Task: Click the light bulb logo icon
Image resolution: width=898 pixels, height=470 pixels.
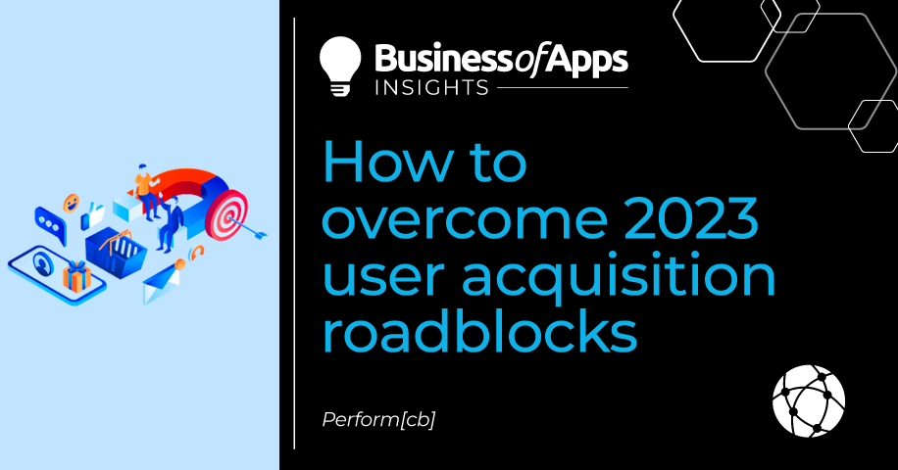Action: tap(340, 66)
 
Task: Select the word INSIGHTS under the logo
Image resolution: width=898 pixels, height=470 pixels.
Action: tap(431, 87)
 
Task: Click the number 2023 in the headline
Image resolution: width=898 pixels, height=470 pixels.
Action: tap(691, 218)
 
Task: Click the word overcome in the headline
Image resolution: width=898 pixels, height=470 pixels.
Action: tap(465, 219)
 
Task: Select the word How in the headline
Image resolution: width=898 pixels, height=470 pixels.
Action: tap(387, 162)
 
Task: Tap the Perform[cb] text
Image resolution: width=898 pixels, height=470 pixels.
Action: tap(378, 420)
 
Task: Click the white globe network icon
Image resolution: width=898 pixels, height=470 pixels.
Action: tap(808, 400)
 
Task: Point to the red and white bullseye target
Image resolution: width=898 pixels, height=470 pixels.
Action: tap(226, 215)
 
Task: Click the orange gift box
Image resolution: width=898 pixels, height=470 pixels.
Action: tap(76, 277)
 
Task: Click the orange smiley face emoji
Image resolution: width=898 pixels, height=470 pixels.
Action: tap(71, 203)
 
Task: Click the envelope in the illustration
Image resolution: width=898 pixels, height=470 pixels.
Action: tap(162, 284)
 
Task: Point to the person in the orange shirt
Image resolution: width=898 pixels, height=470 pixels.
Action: tap(146, 191)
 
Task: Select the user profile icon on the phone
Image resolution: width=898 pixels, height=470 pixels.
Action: tap(42, 264)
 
